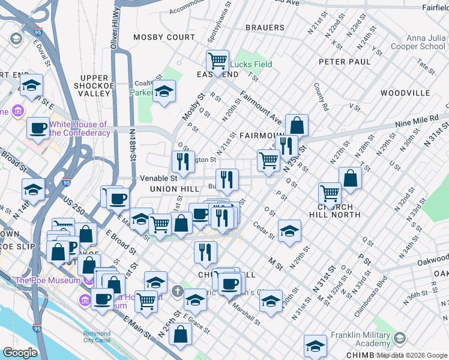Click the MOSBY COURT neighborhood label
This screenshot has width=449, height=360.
tap(164, 37)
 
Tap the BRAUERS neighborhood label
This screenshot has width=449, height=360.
tap(265, 28)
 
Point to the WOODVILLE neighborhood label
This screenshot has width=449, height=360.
tap(405, 93)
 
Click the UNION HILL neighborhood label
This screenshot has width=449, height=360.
tap(173, 190)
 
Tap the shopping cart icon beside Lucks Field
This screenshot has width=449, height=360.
tap(217, 61)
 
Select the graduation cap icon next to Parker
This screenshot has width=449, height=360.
tap(164, 92)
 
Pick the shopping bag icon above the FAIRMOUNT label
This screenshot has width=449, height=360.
tap(297, 125)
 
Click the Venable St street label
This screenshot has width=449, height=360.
tap(158, 178)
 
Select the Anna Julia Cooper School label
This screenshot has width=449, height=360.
tap(418, 41)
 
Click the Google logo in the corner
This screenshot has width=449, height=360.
tap(20, 353)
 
